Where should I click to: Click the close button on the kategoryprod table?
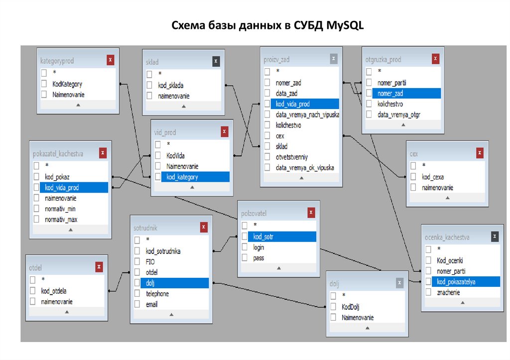(x=111, y=60)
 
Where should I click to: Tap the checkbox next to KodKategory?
(x=44, y=84)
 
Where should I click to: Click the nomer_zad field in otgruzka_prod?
(x=390, y=94)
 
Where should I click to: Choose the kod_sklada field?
(x=171, y=85)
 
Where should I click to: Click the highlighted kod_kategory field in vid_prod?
(x=182, y=177)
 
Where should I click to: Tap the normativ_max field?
(x=60, y=219)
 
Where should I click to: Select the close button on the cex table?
(x=480, y=153)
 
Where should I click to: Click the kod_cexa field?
(x=433, y=177)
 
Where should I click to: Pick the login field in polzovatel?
(x=258, y=247)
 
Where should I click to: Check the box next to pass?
(x=245, y=258)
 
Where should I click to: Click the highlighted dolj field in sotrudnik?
(x=151, y=283)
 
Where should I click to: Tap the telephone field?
(x=157, y=294)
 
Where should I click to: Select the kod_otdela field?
(x=54, y=291)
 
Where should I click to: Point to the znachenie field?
(x=448, y=292)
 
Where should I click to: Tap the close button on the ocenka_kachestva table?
(x=494, y=237)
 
